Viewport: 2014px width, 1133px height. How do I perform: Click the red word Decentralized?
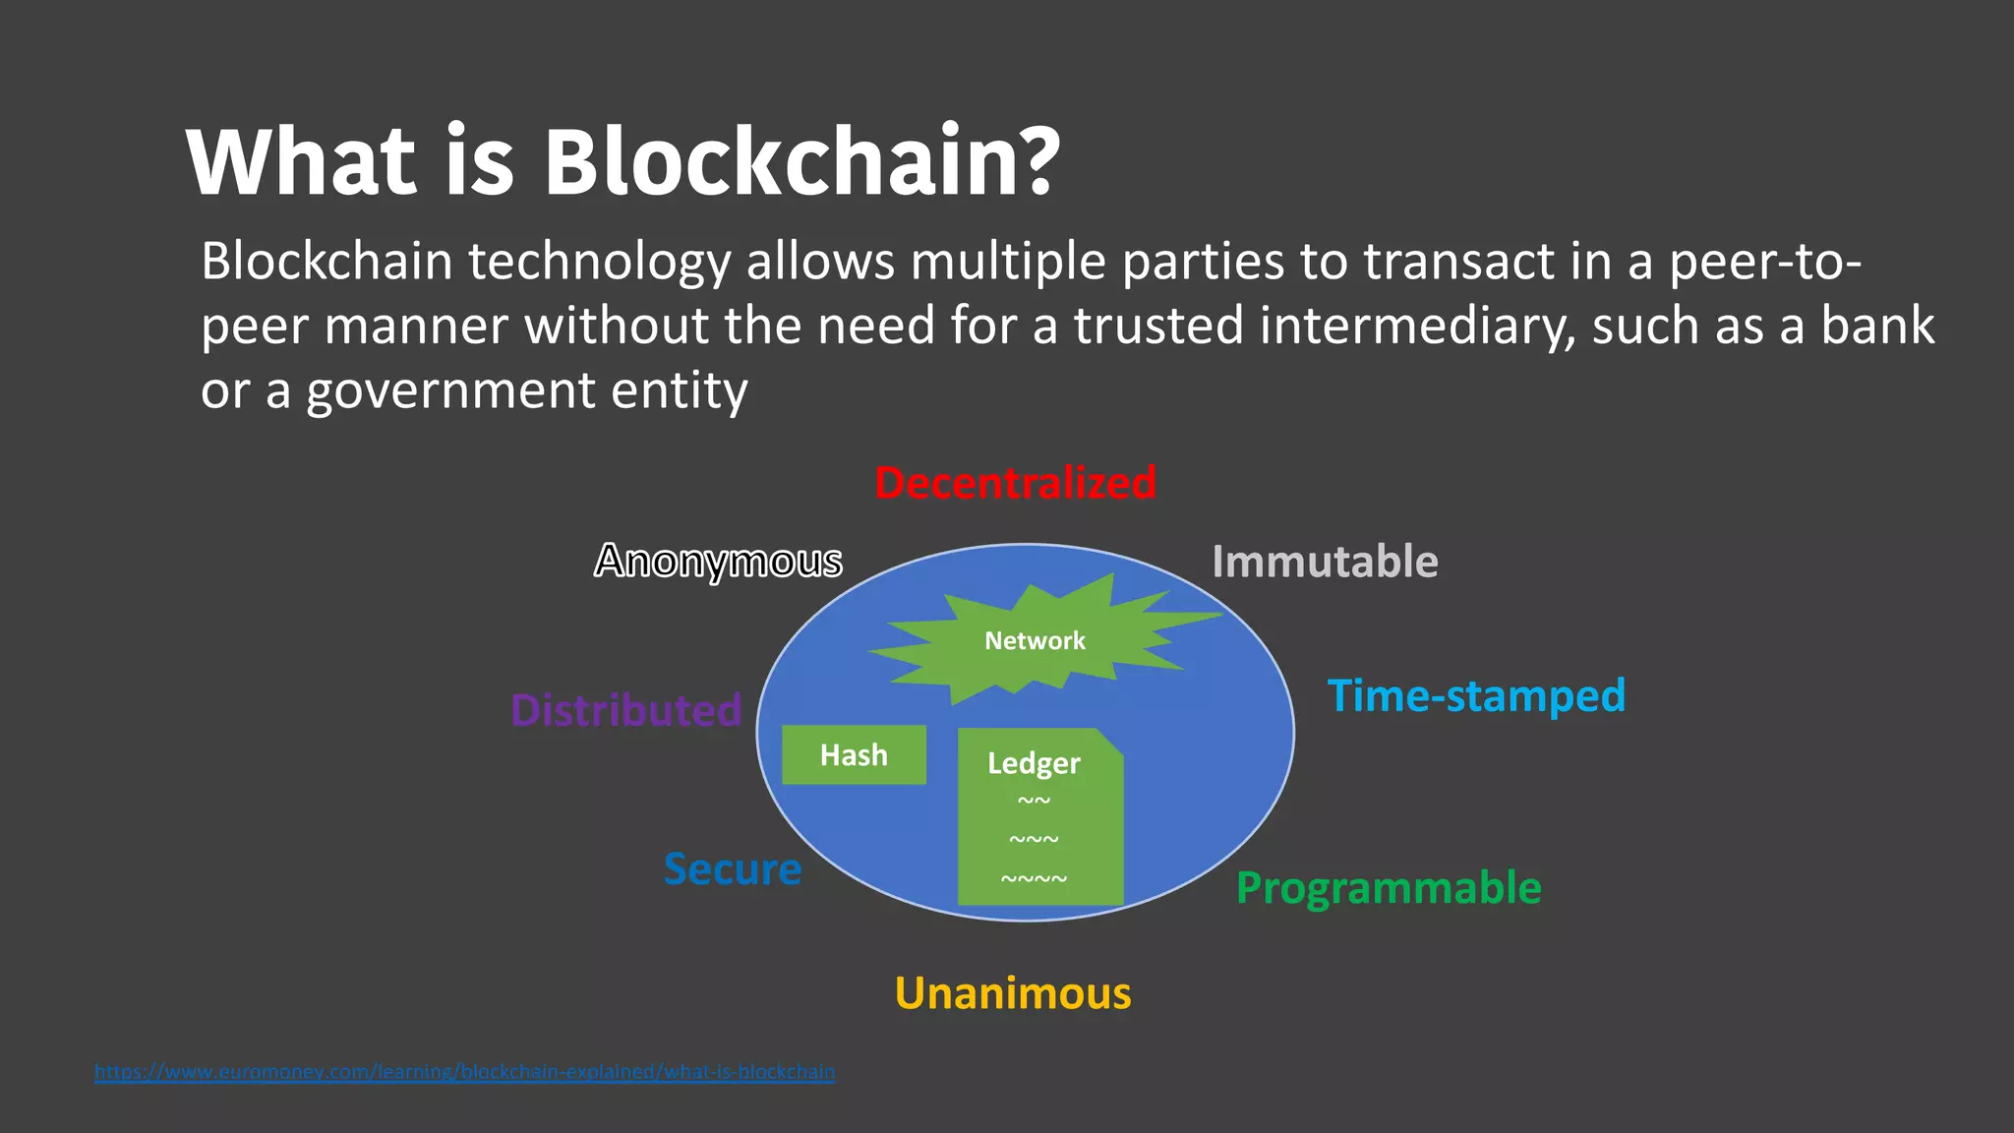pos(1015,483)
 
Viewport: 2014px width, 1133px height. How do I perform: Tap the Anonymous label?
pos(718,562)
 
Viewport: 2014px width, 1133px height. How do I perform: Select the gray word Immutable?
pos(1325,562)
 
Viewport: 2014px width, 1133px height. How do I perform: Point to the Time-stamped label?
pos(1476,695)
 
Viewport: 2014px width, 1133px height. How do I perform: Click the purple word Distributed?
pos(625,710)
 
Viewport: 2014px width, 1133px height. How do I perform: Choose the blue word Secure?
pos(733,869)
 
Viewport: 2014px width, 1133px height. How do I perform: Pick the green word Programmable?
pos(1389,888)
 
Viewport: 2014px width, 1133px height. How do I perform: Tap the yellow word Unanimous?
pos(1013,993)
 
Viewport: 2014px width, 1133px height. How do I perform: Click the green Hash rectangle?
pos(854,754)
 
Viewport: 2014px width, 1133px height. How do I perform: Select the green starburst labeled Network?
pos(1035,641)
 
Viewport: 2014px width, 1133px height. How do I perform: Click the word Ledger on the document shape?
pos(1034,763)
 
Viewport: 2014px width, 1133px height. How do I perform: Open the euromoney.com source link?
pos(464,1071)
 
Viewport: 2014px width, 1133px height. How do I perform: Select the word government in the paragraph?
pos(451,390)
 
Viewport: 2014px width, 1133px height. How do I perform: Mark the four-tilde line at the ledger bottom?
pos(1034,878)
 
